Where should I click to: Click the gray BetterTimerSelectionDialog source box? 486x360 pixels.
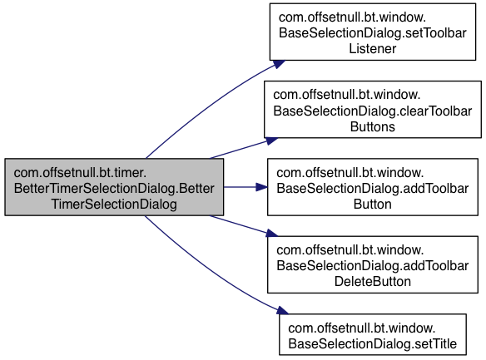tap(114, 187)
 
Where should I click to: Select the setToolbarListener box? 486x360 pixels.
tap(373, 32)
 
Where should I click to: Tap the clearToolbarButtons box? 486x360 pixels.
tap(373, 110)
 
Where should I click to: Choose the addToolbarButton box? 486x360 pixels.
tap(373, 187)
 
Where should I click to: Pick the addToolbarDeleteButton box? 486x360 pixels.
tap(373, 264)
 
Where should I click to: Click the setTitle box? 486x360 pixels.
tap(373, 334)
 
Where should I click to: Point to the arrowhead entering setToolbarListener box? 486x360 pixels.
tap(279, 64)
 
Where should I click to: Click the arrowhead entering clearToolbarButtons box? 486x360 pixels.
tap(271, 141)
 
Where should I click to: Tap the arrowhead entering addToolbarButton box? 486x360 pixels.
tap(262, 187)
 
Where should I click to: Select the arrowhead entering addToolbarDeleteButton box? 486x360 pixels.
tap(271, 234)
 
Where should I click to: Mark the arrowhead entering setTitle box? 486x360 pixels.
tap(282, 310)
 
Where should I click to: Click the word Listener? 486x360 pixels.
tap(373, 48)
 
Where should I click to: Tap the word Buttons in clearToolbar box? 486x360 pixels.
tap(373, 127)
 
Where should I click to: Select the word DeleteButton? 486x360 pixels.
tap(373, 281)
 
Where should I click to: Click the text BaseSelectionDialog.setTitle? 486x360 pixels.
tap(373, 343)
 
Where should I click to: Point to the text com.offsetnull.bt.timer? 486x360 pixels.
tap(80, 172)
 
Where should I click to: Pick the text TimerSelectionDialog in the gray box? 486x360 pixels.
tap(114, 205)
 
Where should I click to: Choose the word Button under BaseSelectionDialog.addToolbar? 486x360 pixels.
tap(373, 205)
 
